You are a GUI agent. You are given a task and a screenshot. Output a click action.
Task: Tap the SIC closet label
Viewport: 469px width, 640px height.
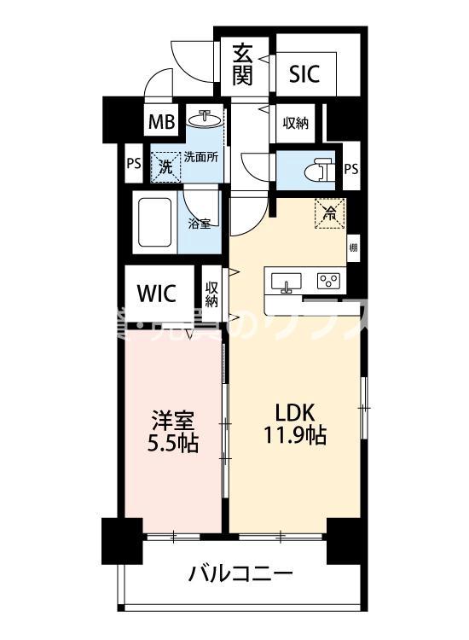point(304,74)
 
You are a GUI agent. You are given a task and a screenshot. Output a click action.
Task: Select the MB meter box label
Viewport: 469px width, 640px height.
point(162,123)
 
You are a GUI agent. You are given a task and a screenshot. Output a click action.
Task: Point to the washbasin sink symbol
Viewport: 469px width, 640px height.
point(206,119)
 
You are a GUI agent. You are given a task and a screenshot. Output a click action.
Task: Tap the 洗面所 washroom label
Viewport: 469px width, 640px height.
point(202,157)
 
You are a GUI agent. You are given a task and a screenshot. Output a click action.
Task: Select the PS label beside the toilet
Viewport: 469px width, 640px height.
point(350,169)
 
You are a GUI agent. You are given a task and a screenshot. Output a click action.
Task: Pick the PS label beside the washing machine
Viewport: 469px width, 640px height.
point(133,165)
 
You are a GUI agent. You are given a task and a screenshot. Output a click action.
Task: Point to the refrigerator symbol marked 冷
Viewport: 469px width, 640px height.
point(327,214)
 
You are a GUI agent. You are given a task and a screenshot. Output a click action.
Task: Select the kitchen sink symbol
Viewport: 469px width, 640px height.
point(287,282)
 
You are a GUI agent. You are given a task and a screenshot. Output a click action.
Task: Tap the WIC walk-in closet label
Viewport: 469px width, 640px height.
point(157,294)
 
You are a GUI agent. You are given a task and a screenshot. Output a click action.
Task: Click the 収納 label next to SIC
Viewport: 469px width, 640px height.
point(295,123)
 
